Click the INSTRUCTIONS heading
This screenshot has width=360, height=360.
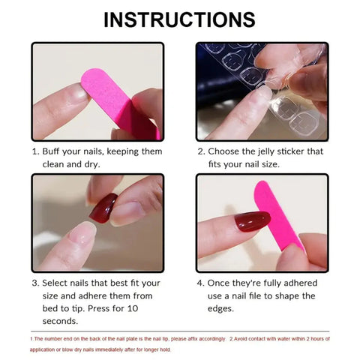click(x=179, y=19)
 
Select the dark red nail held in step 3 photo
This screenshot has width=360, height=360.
click(x=103, y=208)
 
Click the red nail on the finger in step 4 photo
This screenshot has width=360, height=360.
click(x=251, y=223)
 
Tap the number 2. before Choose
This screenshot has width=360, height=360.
click(x=201, y=151)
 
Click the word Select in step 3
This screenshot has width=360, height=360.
click(x=59, y=283)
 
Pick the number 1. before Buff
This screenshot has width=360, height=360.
click(x=35, y=151)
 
